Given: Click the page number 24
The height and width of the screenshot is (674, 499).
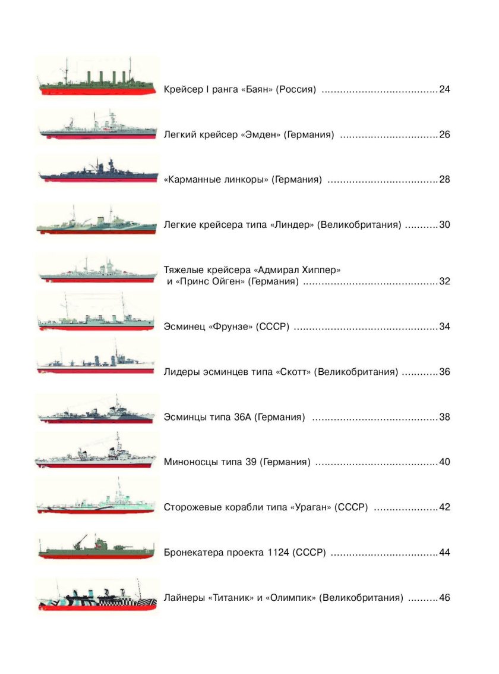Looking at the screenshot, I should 445,90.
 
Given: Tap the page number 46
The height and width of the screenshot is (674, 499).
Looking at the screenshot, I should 445,597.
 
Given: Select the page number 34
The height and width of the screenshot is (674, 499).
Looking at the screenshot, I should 445,327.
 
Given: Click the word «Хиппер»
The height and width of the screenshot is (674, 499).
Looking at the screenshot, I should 317,270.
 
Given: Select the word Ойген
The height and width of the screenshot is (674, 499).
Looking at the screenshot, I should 228,281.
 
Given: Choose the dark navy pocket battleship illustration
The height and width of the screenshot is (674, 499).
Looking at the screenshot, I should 98,171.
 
